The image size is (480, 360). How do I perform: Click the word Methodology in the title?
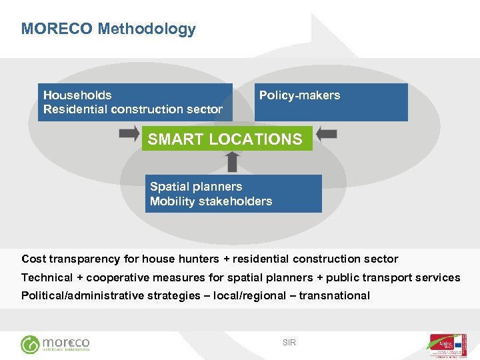pos(147,29)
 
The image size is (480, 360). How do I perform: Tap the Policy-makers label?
pos(299,95)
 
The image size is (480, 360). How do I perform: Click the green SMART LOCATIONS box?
pos(226,139)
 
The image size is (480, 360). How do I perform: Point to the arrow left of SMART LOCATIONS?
pos(129,134)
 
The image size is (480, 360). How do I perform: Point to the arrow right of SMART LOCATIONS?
pos(326,134)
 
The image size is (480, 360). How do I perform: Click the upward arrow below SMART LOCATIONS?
pos(232,162)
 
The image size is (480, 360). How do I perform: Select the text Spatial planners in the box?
pos(196,187)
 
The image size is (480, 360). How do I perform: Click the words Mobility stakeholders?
pos(211,201)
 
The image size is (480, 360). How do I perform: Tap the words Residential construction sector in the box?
pos(133,109)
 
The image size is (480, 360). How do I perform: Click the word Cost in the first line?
pos(34,259)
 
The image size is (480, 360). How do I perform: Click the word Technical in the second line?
pos(47,277)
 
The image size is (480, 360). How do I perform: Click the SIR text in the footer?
pos(289,343)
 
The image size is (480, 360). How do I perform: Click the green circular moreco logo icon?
pos(30,344)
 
